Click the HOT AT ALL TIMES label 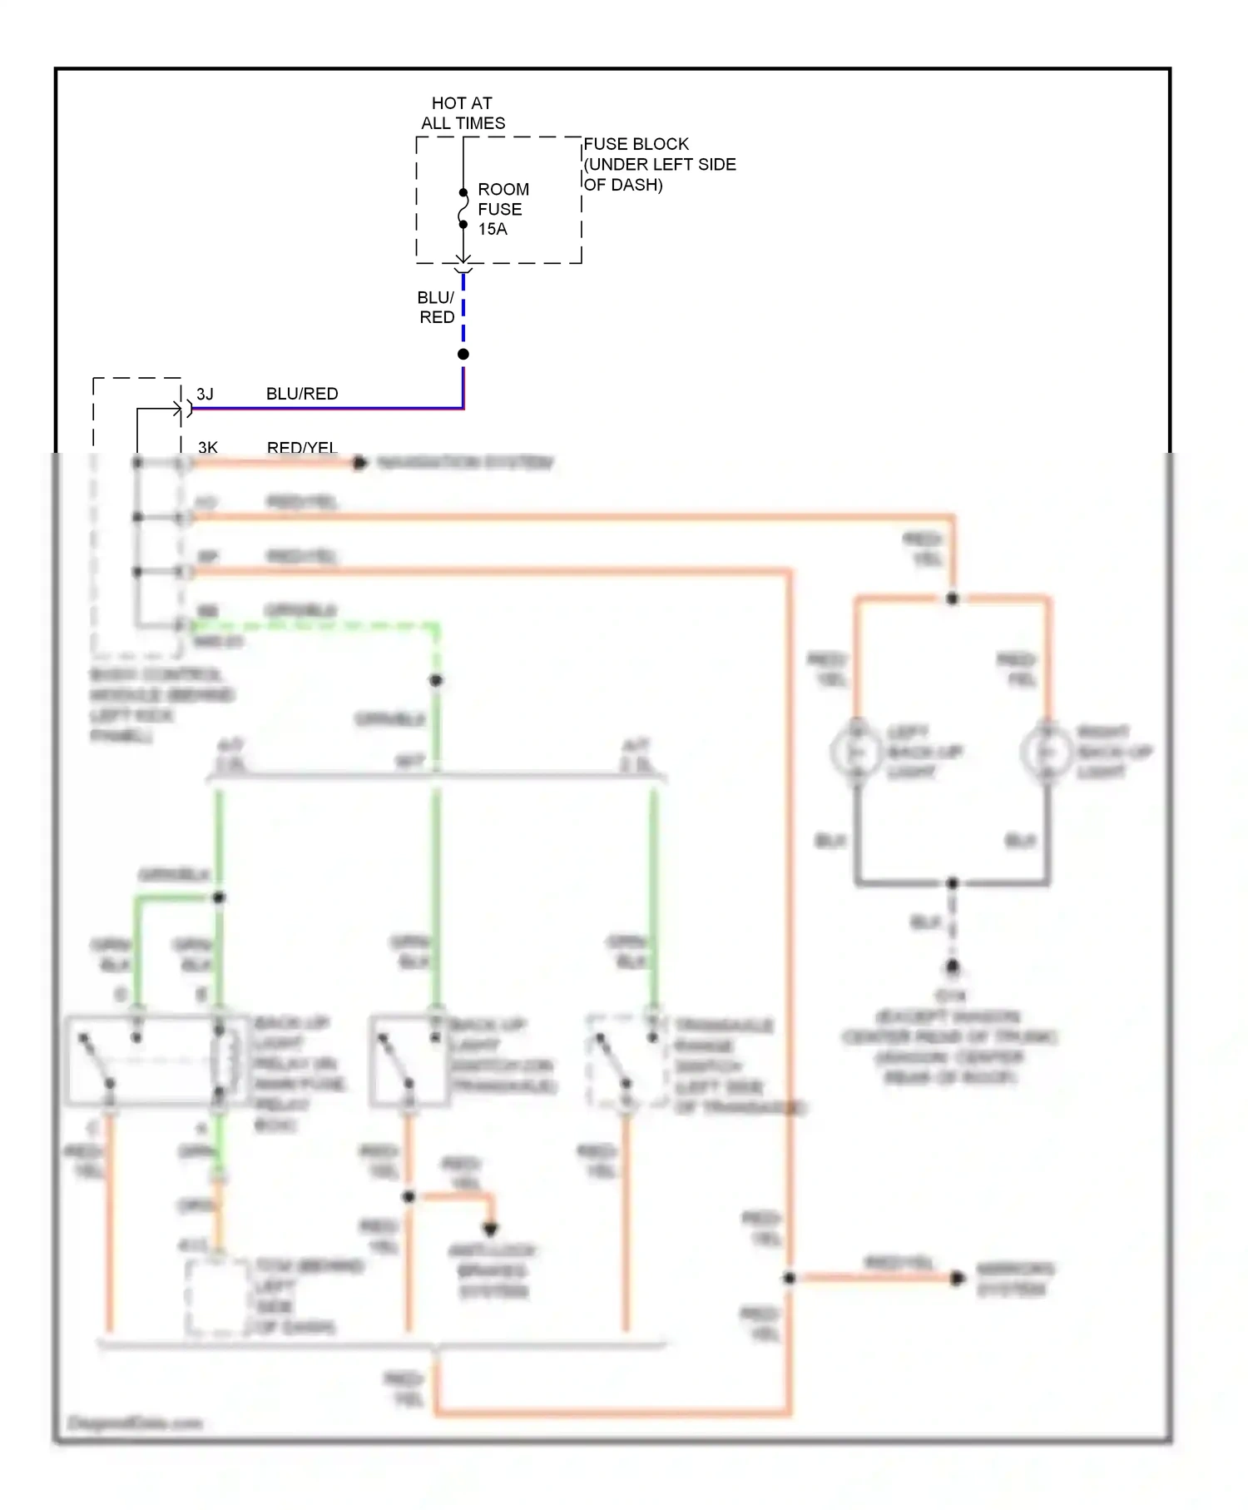coord(463,113)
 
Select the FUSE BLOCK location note coord(659,164)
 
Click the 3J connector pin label coord(205,394)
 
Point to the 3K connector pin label coord(207,447)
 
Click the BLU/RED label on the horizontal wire coord(302,394)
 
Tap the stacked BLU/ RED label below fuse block coord(436,307)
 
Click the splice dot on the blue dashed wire coord(463,355)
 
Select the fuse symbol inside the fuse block coord(463,209)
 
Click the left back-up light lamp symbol coord(856,752)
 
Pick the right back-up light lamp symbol coord(1047,752)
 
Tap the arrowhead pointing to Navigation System coord(359,463)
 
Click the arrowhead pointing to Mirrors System coord(958,1278)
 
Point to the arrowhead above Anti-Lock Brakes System coord(490,1228)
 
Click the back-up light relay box coord(156,1060)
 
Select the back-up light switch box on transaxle coord(410,1060)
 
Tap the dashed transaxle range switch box coord(627,1060)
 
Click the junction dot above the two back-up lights coord(953,599)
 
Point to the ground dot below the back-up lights coord(953,966)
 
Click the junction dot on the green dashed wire coord(436,680)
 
